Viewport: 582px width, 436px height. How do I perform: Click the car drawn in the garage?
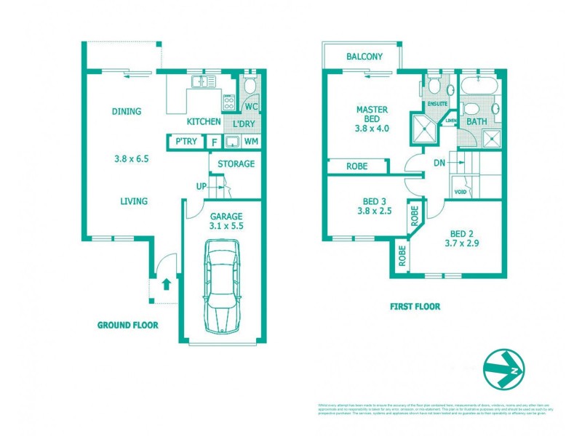(222, 287)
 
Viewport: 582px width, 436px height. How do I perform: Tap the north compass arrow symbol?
(503, 370)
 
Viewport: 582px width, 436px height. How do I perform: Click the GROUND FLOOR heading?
(127, 325)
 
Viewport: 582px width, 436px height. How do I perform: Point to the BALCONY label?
(364, 57)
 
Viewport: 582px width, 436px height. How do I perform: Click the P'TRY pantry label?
(183, 142)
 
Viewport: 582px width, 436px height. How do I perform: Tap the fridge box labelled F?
(214, 142)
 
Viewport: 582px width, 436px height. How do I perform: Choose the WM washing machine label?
(250, 142)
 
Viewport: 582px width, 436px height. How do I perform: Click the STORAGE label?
(236, 163)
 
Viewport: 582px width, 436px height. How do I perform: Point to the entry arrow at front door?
(166, 283)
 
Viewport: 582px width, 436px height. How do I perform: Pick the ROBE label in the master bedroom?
(356, 166)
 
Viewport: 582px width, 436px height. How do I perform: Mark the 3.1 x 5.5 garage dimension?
(226, 227)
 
